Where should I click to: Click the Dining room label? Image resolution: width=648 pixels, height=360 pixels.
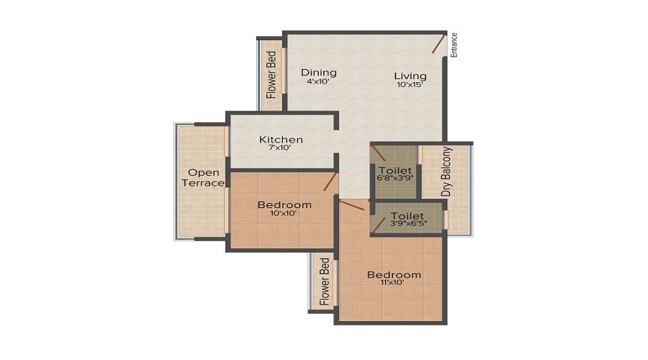coord(319,73)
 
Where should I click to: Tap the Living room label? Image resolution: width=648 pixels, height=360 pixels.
coord(410,76)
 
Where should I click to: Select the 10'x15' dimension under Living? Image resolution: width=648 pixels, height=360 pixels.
coord(410,85)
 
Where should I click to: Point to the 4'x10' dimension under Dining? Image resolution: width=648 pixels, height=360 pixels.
coord(319,82)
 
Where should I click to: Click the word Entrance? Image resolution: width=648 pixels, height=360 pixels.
coord(454,45)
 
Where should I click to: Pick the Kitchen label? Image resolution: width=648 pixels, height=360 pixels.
coord(281,140)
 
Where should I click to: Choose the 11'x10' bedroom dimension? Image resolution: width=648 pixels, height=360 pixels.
coord(393,283)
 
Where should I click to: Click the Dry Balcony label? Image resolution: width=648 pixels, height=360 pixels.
coord(446,172)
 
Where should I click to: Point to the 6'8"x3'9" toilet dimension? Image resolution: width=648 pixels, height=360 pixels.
coord(394,179)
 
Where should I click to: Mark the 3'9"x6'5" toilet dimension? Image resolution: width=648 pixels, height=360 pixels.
coord(407,225)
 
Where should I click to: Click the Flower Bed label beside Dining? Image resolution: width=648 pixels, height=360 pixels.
coord(271,75)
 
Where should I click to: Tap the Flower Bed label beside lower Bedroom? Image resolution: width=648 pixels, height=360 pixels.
coord(325,282)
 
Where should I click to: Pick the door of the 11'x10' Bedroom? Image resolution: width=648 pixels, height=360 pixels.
coord(352,207)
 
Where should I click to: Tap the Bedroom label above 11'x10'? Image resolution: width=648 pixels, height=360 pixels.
coord(393,274)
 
